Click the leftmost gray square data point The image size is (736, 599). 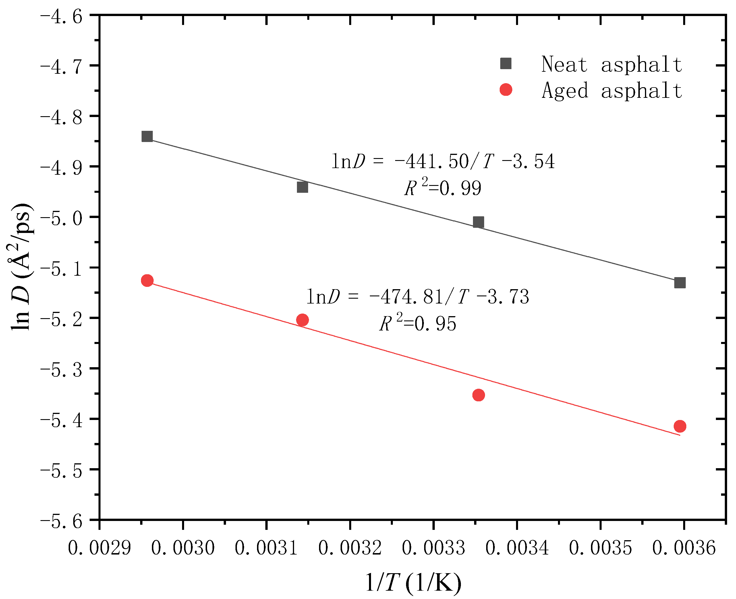(147, 136)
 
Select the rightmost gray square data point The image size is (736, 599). (680, 283)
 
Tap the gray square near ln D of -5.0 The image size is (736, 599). (478, 222)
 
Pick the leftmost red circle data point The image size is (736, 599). (147, 281)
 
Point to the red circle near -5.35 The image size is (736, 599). (478, 395)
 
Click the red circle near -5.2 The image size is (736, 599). (302, 320)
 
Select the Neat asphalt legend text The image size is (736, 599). (612, 65)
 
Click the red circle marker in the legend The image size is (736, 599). (506, 90)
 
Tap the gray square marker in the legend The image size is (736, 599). (506, 63)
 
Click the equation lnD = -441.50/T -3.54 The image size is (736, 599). (443, 162)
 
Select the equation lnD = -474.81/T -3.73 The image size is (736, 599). (418, 297)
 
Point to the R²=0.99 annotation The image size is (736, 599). (443, 188)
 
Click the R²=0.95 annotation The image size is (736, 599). (418, 323)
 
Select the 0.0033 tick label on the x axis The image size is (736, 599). (433, 548)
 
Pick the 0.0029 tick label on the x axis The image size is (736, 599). (99, 548)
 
